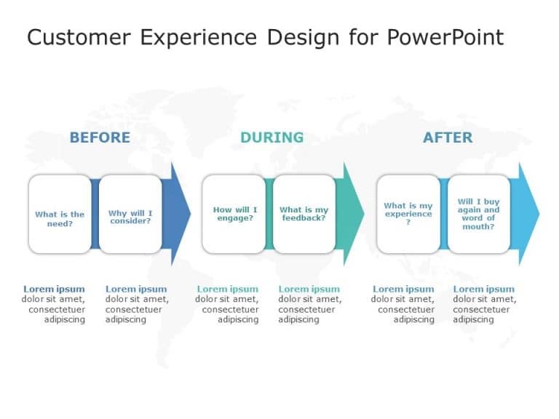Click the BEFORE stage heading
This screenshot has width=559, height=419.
tap(100, 137)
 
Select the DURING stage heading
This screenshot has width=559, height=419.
tap(271, 137)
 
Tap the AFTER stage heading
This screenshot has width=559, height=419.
tap(447, 137)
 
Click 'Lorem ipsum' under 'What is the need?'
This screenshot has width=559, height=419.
tap(54, 289)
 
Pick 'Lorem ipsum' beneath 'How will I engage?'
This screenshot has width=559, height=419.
tap(227, 289)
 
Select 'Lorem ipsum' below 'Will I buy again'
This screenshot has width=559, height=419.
tap(483, 289)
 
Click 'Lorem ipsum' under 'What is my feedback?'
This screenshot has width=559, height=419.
tap(309, 289)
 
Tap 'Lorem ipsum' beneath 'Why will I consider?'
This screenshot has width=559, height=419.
tap(136, 289)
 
